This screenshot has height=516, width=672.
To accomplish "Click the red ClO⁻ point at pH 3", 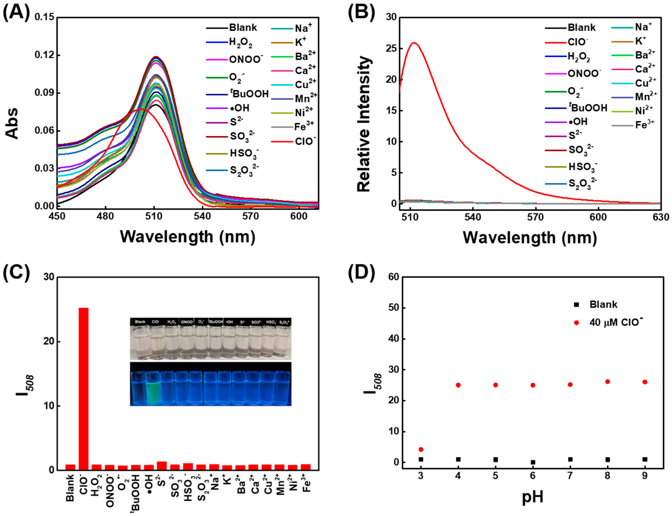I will (x=421, y=449).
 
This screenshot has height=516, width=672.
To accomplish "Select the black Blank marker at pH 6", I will (x=533, y=462).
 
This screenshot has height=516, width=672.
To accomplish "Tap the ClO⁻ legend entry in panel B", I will (x=577, y=42).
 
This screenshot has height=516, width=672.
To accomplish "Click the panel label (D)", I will (x=361, y=273).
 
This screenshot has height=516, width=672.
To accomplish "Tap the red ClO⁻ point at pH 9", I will (x=645, y=382).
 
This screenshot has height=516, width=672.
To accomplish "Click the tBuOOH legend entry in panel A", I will (x=249, y=94).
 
